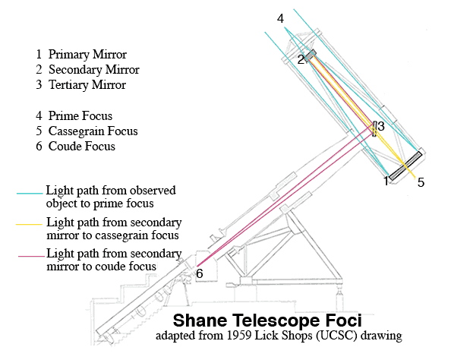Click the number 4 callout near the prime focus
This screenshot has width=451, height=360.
[x=280, y=19]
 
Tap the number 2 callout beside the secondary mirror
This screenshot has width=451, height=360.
[x=301, y=60]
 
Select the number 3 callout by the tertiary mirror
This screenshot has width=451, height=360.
[x=381, y=126]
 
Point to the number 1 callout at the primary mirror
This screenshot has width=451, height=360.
[x=386, y=181]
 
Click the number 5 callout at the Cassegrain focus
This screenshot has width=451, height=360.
[x=421, y=182]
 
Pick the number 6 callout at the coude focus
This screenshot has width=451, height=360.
[x=200, y=273]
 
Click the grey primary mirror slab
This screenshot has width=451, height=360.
[x=405, y=166]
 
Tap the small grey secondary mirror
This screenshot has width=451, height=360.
[x=311, y=55]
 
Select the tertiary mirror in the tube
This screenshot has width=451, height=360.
[x=374, y=129]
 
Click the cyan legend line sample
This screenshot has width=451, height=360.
[x=30, y=194]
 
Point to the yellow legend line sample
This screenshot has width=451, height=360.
[x=29, y=225]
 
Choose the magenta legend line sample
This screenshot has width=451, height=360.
[x=32, y=256]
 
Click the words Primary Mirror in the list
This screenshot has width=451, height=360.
[x=87, y=55]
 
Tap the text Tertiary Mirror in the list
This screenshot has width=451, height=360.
[x=87, y=85]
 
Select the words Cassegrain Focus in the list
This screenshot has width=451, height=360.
[x=93, y=131]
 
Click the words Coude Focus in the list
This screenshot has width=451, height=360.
[x=82, y=146]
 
